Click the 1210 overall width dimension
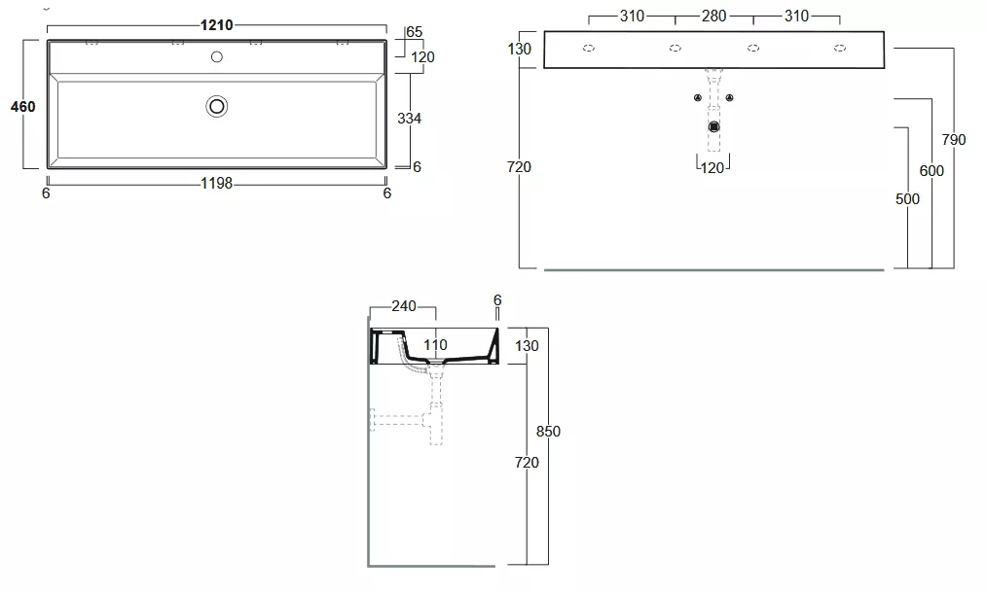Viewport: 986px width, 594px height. point(216,25)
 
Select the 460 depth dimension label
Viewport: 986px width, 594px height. point(22,107)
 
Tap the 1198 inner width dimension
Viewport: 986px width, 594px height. point(216,184)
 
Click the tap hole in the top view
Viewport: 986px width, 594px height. point(217,57)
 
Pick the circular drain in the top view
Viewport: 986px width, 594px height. point(217,107)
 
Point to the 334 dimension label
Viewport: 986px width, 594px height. point(410,118)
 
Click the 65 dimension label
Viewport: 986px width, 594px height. point(415,32)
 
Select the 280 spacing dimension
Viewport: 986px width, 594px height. point(713,16)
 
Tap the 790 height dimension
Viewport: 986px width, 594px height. point(953,139)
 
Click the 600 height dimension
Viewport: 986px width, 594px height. point(931,171)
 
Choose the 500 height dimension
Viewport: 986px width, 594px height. point(907,199)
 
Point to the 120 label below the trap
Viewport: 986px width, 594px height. point(712,168)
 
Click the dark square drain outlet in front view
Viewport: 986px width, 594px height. point(713,126)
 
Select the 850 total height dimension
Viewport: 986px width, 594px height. point(548,432)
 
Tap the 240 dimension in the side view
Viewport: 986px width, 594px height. point(404,306)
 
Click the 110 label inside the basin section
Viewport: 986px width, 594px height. point(435,345)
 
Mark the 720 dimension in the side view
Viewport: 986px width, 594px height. point(527,463)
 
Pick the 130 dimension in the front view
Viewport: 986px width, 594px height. point(520,49)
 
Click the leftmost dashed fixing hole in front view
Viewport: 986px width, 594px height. point(589,48)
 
